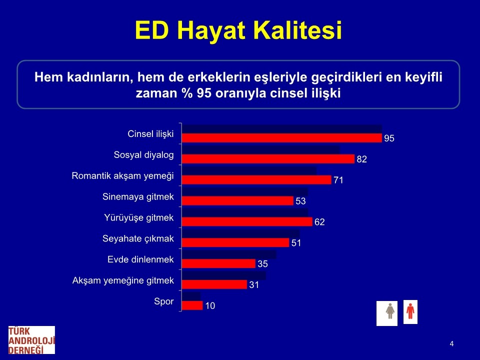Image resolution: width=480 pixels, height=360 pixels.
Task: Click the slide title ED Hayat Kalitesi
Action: [x=238, y=30]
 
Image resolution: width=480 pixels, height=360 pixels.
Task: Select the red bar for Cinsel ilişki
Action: [x=282, y=138]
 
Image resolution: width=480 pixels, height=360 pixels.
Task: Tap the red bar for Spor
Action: [x=192, y=305]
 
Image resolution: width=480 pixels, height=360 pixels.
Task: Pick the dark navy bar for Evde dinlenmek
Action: [x=229, y=254]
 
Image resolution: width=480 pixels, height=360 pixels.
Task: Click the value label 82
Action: [x=361, y=159]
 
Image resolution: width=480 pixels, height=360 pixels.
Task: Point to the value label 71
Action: [x=338, y=180]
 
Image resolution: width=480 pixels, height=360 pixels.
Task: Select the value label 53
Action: [x=300, y=201]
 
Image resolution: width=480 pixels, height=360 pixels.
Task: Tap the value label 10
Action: [x=210, y=306]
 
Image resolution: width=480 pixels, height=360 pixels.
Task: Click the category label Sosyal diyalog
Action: [x=143, y=155]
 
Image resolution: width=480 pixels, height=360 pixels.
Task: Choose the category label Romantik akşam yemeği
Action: [x=123, y=176]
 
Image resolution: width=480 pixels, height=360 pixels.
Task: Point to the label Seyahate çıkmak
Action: [x=138, y=239]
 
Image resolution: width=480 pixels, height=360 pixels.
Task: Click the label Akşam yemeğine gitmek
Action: [x=123, y=280]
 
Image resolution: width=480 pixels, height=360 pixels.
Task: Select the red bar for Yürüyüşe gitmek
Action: [x=247, y=221]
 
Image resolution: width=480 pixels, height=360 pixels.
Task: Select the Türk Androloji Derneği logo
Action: [x=31, y=340]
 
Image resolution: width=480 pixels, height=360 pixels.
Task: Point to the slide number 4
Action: [x=451, y=344]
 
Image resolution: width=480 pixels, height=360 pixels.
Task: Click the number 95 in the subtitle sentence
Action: [x=204, y=93]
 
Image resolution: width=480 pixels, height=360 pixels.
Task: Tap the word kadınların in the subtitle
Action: [x=100, y=77]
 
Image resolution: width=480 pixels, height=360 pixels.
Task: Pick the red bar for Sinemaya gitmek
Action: [x=237, y=201]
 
